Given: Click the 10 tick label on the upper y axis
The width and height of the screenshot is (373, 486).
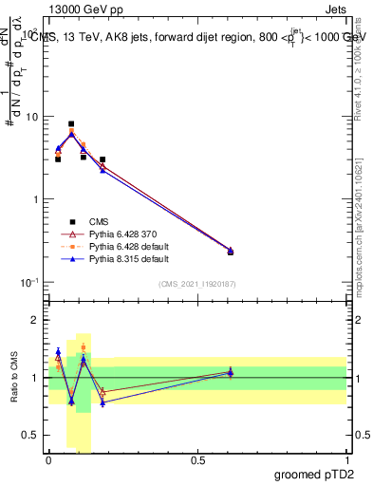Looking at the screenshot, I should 31,117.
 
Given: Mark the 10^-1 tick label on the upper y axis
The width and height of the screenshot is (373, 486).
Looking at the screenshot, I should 28,282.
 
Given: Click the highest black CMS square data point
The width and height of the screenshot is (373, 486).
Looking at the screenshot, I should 71,123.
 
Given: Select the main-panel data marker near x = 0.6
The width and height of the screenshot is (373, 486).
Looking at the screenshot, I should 231,251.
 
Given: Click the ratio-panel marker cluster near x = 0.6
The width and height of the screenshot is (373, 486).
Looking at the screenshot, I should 231,373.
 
